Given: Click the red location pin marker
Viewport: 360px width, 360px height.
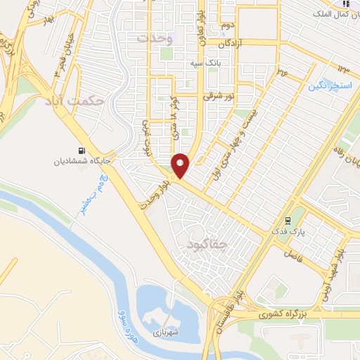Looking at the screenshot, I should click(x=181, y=165).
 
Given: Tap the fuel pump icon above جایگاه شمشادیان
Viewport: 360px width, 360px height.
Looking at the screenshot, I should click(x=84, y=150).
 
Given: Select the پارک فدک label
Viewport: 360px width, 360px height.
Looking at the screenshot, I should click(x=289, y=231).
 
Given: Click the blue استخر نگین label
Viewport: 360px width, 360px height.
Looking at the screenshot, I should click(x=327, y=86).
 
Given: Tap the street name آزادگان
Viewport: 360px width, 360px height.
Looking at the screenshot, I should click(x=234, y=44).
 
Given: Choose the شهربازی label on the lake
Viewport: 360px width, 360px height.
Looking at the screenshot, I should click(x=167, y=330).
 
